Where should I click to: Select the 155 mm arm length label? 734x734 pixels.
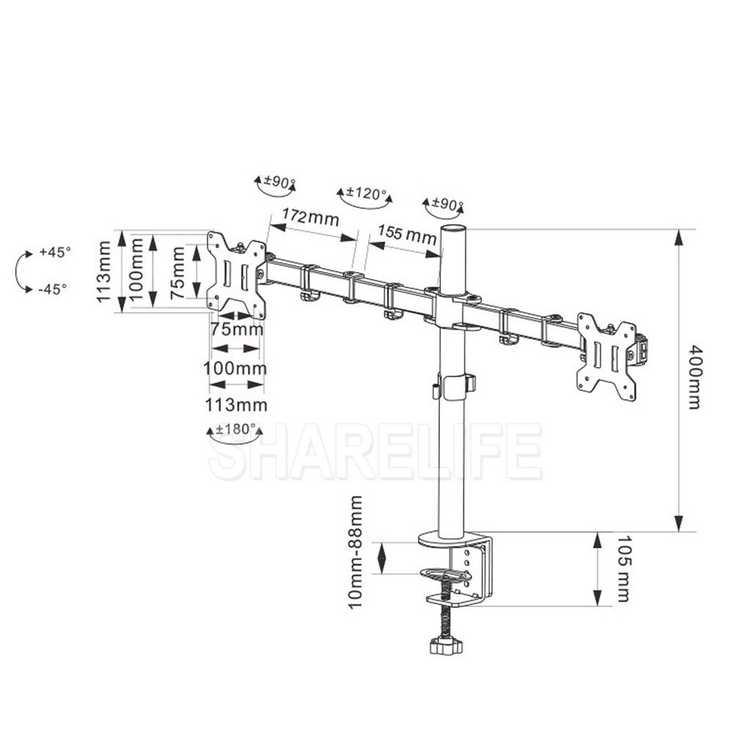(408, 233)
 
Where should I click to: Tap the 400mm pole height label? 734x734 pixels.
(694, 377)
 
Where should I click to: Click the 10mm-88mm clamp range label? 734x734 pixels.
(356, 552)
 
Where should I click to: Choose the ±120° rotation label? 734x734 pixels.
(366, 193)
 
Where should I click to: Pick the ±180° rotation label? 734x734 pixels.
(236, 428)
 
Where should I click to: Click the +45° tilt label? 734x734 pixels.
(55, 252)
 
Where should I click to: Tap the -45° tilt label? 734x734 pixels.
(53, 289)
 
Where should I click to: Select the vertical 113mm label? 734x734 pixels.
(103, 271)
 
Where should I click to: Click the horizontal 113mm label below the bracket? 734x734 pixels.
(236, 405)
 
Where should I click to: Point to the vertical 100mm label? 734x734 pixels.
(135, 270)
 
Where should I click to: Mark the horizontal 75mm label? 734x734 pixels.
(237, 330)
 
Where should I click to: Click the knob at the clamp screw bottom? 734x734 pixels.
(445, 647)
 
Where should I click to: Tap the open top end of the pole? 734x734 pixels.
(454, 229)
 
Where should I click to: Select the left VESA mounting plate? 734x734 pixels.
(236, 275)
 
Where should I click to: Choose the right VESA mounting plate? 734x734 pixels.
(607, 357)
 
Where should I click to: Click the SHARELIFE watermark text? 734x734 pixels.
(375, 452)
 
